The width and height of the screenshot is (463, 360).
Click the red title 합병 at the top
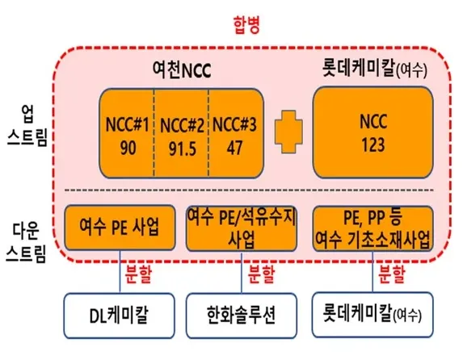(246, 25)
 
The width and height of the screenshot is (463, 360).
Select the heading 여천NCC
(182, 69)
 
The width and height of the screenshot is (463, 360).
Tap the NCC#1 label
(128, 124)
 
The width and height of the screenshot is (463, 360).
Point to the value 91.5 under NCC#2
(182, 149)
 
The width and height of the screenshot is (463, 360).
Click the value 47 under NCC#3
(234, 148)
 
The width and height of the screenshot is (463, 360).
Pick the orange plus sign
(288, 132)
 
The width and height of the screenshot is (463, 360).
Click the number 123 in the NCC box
(373, 144)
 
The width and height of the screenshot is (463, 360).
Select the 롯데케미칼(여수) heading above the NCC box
(374, 69)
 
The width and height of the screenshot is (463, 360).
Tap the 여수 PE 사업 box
(120, 228)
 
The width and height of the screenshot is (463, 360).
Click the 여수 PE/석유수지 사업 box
(242, 228)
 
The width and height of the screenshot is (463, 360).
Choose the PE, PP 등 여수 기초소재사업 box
(373, 228)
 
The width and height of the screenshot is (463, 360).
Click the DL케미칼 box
(119, 316)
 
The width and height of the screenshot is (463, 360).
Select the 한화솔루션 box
(242, 316)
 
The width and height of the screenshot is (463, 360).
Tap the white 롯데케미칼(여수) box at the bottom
(373, 315)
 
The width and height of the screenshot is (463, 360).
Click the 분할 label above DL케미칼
(138, 274)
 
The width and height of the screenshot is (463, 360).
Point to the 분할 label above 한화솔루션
(261, 274)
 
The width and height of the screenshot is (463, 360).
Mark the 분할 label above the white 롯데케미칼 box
(392, 274)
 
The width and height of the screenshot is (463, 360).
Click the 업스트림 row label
(27, 125)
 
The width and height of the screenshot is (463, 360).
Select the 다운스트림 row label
(26, 243)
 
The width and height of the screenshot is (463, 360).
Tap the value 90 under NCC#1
(128, 149)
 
